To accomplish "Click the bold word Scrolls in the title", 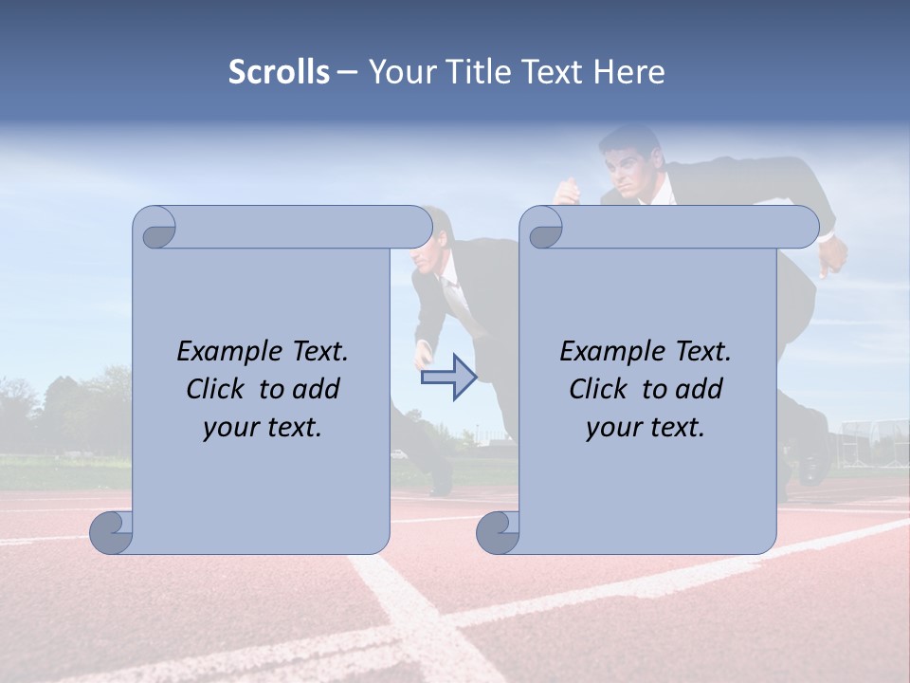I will point(279,72).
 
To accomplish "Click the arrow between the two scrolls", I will point(448,377).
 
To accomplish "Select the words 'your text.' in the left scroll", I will point(263,428).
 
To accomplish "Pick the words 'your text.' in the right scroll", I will point(646,428).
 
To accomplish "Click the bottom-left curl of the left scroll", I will point(111,531).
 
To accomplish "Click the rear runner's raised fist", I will point(567,193).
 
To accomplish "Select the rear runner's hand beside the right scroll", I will point(831,254).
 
